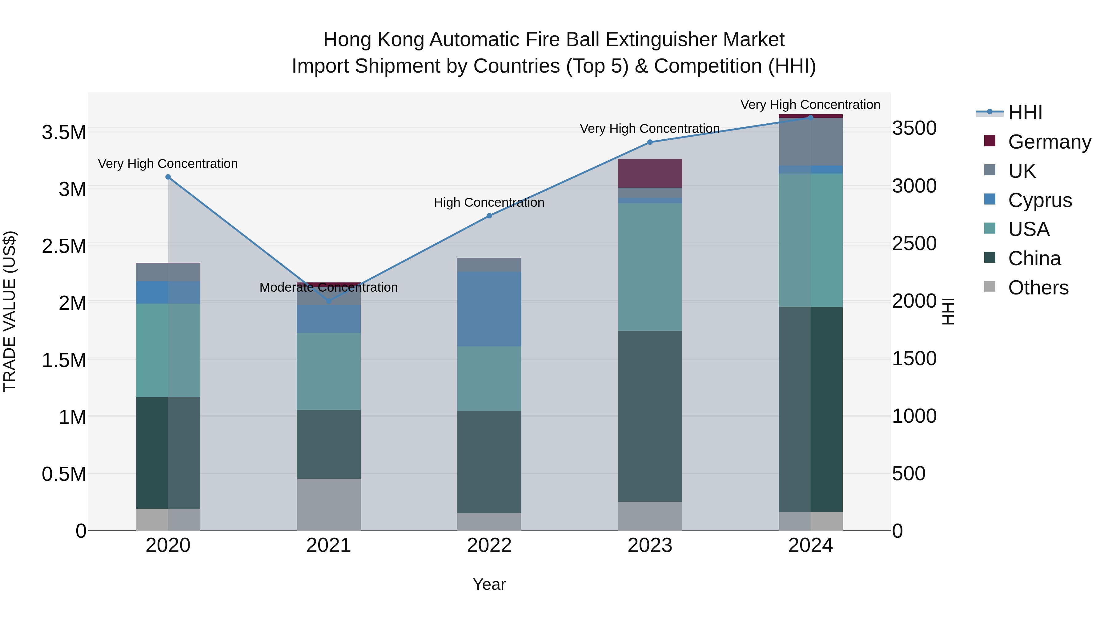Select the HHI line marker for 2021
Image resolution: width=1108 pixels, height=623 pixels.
pyautogui.click(x=329, y=301)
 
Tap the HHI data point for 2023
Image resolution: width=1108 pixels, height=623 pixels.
pyautogui.click(x=650, y=142)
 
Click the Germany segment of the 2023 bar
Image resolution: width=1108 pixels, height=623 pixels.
pyautogui.click(x=650, y=173)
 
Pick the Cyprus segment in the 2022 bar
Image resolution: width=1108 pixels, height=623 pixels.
pyautogui.click(x=489, y=309)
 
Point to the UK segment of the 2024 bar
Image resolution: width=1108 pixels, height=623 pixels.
pyautogui.click(x=810, y=142)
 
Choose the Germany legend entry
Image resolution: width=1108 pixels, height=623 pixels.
pyautogui.click(x=1049, y=142)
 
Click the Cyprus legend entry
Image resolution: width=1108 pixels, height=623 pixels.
pyautogui.click(x=1040, y=200)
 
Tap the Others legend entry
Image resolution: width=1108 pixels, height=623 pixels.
pyautogui.click(x=1038, y=288)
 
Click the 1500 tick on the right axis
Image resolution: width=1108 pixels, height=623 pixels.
pyautogui.click(x=914, y=359)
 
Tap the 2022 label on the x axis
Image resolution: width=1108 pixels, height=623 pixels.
pyautogui.click(x=489, y=545)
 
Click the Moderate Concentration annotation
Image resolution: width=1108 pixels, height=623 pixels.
pyautogui.click(x=329, y=287)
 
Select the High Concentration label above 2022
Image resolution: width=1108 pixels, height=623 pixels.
pyautogui.click(x=489, y=202)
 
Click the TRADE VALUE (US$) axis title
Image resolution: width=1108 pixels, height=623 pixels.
pyautogui.click(x=10, y=311)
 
